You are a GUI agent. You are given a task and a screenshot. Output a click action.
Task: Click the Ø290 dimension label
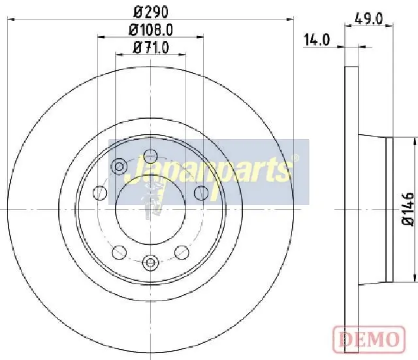pos(151,12)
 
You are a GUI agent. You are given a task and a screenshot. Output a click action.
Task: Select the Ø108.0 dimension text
pos(151,30)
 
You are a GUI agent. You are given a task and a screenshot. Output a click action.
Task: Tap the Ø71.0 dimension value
pos(151,48)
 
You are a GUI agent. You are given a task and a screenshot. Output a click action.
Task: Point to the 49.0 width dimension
pos(368,19)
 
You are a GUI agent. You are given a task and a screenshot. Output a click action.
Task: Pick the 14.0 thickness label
pos(317,40)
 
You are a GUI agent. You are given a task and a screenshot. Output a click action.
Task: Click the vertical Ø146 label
pos(408,209)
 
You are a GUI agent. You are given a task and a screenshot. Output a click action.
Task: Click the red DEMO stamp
pos(369,340)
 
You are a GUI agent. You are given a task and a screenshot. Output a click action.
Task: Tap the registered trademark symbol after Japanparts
pos(295,158)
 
